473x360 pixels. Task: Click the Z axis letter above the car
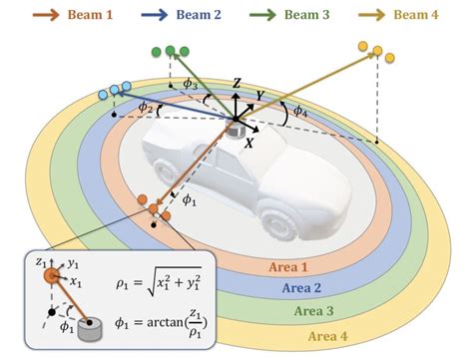(236, 82)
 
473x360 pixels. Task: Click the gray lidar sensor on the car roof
(236, 127)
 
